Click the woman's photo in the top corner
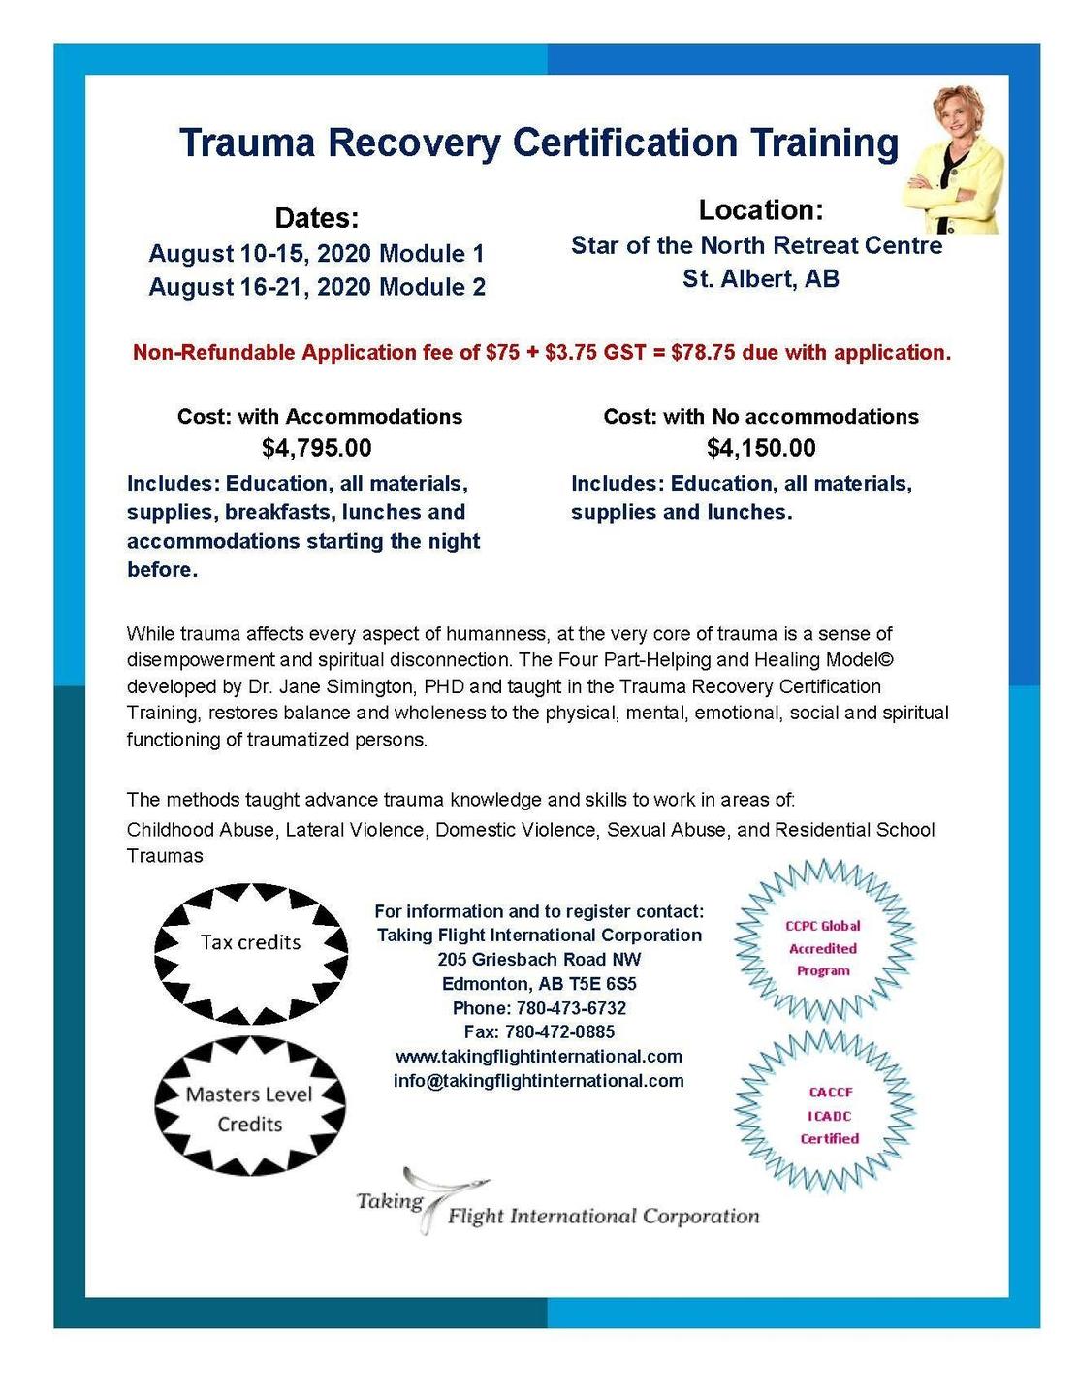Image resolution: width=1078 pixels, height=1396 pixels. coord(952,159)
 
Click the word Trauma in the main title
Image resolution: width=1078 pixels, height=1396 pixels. coord(247,143)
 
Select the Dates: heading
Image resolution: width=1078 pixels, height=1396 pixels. coord(317,217)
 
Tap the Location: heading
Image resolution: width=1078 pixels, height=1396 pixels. coord(760,209)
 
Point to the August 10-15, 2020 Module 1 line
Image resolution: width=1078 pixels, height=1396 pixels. coord(316,254)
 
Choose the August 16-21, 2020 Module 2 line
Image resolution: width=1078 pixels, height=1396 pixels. coord(317,287)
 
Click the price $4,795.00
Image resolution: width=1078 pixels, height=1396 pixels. coord(317,448)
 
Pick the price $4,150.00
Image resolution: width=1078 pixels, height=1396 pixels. coord(761,448)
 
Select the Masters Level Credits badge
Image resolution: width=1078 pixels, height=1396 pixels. coord(249,1109)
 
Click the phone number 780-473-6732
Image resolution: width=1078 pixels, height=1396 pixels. coord(571,1008)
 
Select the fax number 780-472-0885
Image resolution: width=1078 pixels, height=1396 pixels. coord(559,1031)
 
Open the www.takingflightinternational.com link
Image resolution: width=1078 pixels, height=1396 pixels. coord(539,1056)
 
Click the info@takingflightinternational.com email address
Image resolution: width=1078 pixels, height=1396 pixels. coord(539,1080)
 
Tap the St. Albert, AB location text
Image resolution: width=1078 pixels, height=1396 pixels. coord(760,279)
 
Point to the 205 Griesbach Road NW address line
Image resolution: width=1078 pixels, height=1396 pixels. coord(539,960)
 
